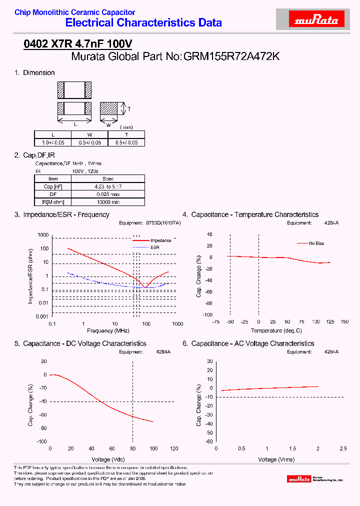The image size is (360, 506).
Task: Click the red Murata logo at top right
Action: coord(317,20)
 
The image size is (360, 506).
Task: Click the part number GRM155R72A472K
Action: coord(231,56)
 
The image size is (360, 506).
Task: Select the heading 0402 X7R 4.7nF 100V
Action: coord(78,44)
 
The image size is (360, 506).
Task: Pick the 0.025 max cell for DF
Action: coord(108,194)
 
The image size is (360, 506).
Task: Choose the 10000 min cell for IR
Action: coord(108,202)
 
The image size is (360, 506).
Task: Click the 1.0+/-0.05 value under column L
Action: coord(53,142)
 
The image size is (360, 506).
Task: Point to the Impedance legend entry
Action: coord(160,240)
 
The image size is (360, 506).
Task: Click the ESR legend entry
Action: coord(155,247)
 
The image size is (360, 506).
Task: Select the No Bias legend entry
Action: coord(316,243)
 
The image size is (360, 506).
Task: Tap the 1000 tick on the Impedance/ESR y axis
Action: coord(43,235)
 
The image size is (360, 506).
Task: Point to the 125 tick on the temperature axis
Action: coord(330,322)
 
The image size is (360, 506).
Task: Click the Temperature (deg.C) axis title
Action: coord(276,331)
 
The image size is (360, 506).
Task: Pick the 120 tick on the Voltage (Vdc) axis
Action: coord(174,448)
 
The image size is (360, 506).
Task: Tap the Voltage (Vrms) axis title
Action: coord(276,459)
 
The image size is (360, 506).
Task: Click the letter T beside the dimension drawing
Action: coord(129,109)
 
